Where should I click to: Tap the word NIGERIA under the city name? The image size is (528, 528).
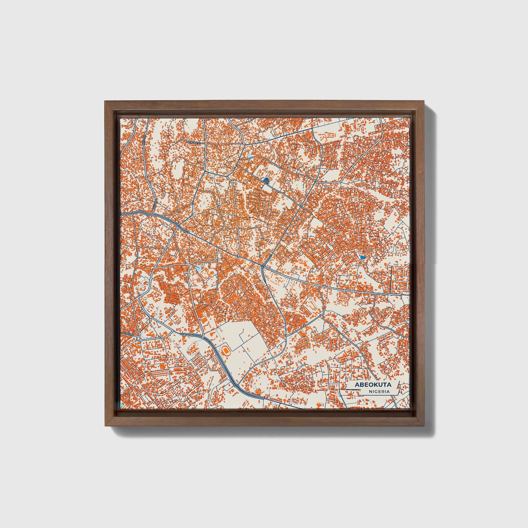click(379, 391)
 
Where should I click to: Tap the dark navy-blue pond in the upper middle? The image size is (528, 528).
click(266, 180)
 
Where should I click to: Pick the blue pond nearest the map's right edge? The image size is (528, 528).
click(362, 258)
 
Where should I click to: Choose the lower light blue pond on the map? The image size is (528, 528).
click(198, 269)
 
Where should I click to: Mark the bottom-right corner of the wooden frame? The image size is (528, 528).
click(425, 426)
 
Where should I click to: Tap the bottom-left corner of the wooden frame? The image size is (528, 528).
click(105, 426)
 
